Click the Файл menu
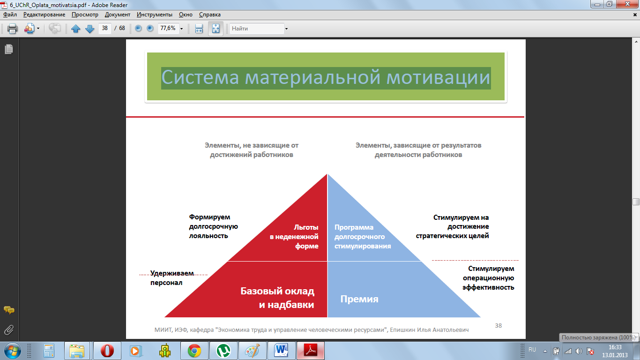[x=10, y=15]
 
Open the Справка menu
[x=210, y=15]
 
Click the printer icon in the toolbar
[x=12, y=29]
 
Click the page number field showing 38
[x=105, y=28]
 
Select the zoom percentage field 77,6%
[x=168, y=28]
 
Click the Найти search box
[x=257, y=29]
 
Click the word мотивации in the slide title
[x=438, y=78]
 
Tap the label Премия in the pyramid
[x=359, y=299]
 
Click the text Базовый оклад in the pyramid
[x=277, y=291]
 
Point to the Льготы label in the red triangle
[x=306, y=227]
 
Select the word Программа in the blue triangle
[x=354, y=227]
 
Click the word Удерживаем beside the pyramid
[x=172, y=273]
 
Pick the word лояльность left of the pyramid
[x=208, y=236]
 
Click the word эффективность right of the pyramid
[x=488, y=287]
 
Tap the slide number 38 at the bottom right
[x=499, y=326]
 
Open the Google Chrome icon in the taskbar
[x=194, y=351]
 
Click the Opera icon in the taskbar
[x=107, y=351]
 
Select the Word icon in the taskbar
[x=281, y=351]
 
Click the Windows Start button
[x=12, y=351]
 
